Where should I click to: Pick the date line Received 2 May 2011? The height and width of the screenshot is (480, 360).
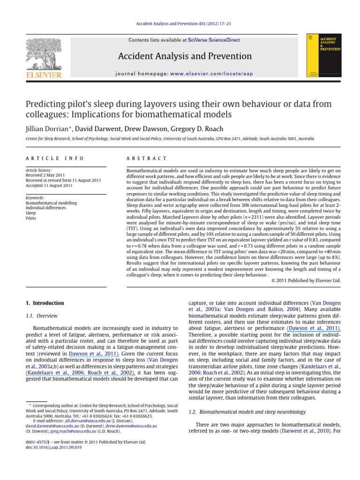(45, 176)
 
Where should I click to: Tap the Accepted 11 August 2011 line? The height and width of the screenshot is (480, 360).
(48, 186)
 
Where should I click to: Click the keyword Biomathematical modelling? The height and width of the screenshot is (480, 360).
(51, 203)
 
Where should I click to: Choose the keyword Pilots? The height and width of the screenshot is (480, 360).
(31, 218)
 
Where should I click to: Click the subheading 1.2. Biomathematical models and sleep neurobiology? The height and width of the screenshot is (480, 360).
(247, 412)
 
